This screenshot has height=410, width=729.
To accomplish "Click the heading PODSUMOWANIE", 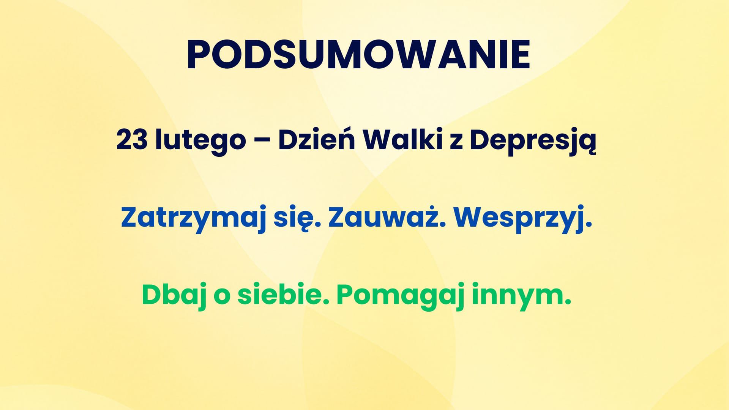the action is (x=358, y=55).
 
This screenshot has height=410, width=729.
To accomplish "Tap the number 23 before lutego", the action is (x=132, y=140).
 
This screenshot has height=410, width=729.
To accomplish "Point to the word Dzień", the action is (x=317, y=139).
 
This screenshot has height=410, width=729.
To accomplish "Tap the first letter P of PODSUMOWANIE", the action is (x=199, y=55).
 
